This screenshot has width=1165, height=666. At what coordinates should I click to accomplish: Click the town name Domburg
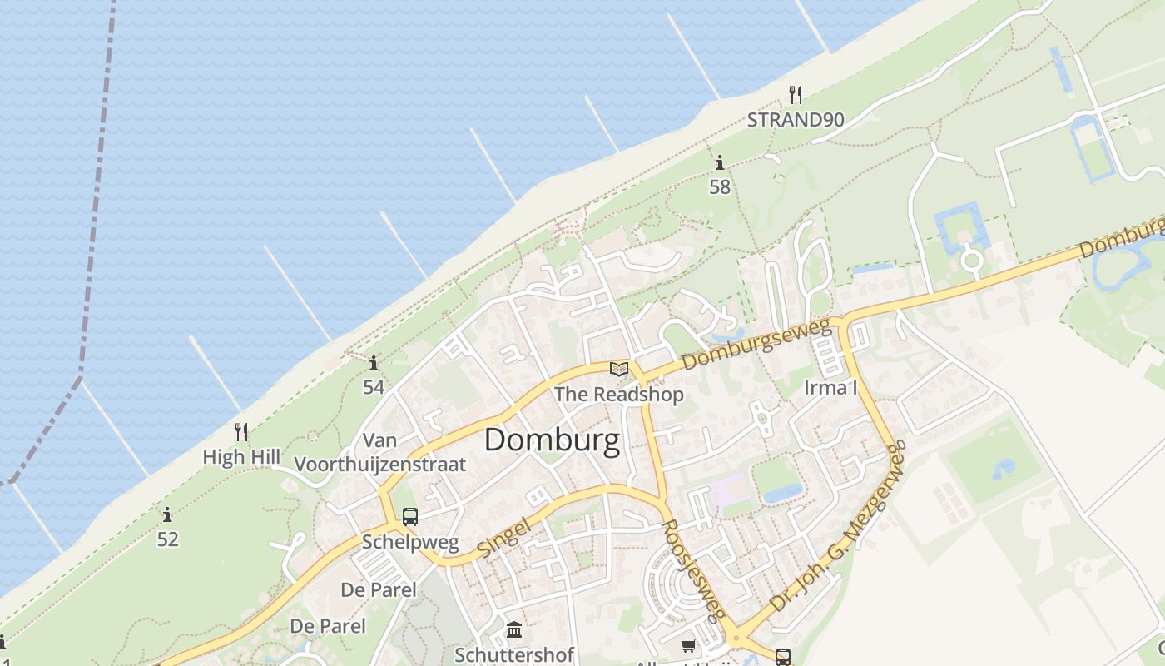tap(552, 440)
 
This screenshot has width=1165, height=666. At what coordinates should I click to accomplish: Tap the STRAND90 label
tap(795, 119)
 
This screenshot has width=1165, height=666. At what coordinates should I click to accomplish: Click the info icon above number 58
tap(720, 162)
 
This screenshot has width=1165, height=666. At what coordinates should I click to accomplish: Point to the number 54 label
tap(374, 386)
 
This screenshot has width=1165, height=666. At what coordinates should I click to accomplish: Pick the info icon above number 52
tap(167, 514)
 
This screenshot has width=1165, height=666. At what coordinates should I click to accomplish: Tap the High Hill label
tap(241, 457)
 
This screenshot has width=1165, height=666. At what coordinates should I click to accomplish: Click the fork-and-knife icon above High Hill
tap(241, 431)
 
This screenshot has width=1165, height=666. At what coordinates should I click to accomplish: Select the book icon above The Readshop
tap(618, 369)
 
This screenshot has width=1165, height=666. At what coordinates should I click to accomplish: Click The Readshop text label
tap(618, 394)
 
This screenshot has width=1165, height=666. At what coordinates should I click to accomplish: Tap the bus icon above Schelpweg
tap(409, 516)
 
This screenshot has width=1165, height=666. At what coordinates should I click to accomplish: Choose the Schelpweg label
tap(410, 543)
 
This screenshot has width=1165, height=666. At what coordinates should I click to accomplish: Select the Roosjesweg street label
tap(692, 571)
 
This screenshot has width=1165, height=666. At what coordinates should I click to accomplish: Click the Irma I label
tap(830, 387)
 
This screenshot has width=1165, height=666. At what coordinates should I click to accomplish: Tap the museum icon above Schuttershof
tap(514, 629)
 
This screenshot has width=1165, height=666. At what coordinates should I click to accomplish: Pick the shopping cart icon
tap(688, 646)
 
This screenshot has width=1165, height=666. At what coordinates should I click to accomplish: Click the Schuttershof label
tap(514, 654)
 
